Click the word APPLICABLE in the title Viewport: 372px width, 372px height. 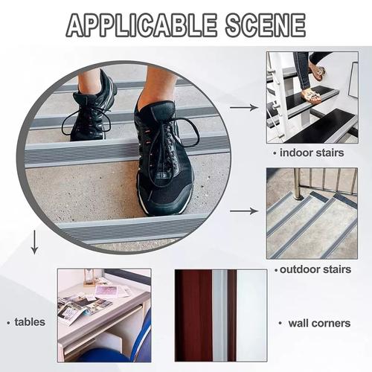click(141, 25)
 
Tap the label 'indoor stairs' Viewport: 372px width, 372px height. click(312, 153)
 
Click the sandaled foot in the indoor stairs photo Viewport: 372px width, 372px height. click(311, 97)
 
